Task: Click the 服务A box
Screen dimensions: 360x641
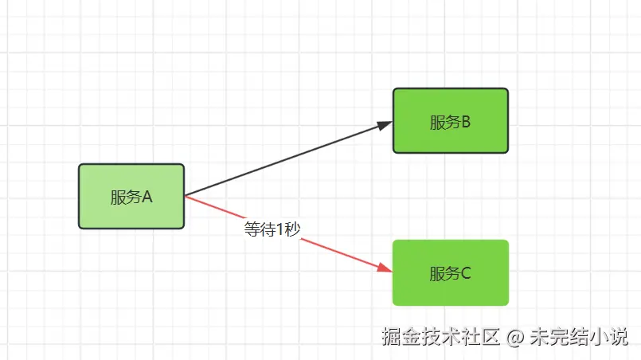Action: tap(131, 196)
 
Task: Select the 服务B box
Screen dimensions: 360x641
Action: tap(450, 120)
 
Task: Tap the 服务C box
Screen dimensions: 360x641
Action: tap(450, 272)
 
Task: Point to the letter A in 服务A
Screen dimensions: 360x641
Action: tap(147, 198)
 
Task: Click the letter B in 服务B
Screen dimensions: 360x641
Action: tap(466, 122)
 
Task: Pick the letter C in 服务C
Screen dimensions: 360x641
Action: tap(466, 274)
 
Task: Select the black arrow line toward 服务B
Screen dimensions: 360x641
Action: tap(287, 159)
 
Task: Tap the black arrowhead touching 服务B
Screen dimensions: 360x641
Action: tap(385, 125)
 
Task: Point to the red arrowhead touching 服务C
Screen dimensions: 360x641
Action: tap(385, 268)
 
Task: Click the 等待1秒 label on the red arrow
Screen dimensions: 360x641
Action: tap(272, 229)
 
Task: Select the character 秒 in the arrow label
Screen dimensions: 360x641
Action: tap(291, 229)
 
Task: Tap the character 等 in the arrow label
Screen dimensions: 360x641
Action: tap(252, 229)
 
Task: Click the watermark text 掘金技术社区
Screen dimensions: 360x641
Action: tap(440, 337)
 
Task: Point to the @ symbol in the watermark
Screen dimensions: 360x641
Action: tap(515, 338)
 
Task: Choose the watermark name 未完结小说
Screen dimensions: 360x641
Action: tap(580, 337)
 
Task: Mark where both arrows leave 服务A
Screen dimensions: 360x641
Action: tap(185, 195)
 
